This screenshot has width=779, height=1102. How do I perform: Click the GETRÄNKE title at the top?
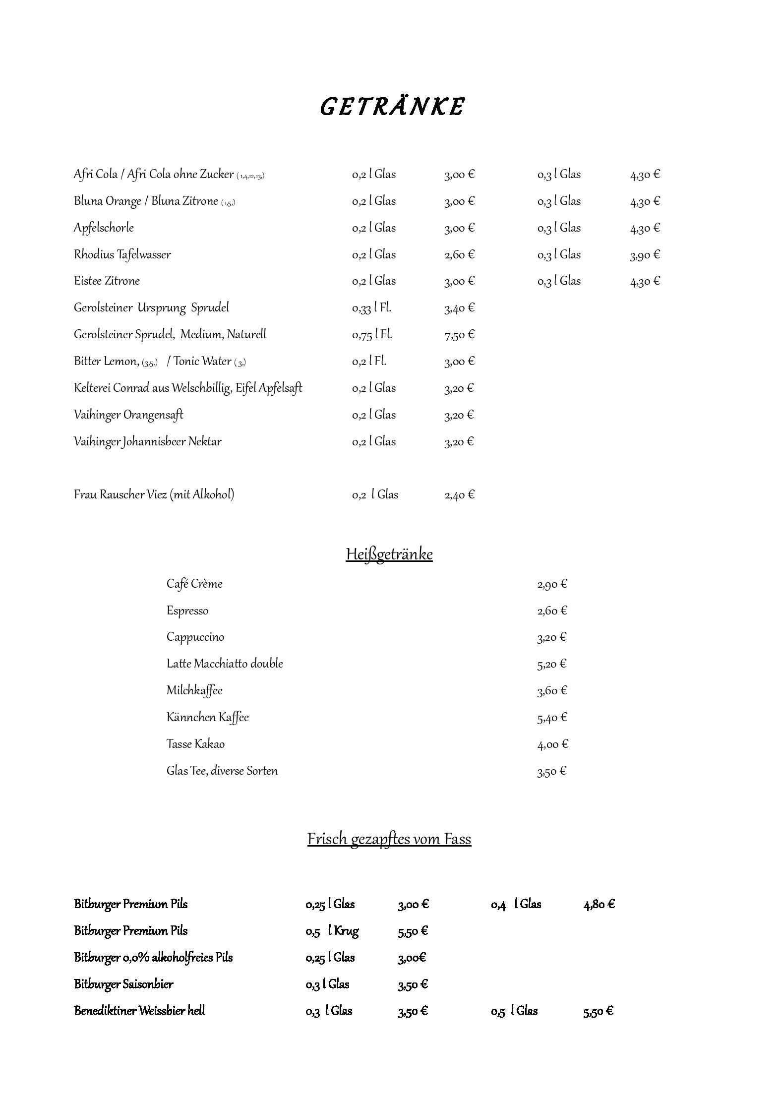pyautogui.click(x=392, y=107)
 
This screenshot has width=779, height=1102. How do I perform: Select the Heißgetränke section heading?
pyautogui.click(x=389, y=554)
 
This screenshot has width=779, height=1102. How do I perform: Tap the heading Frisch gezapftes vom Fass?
pyautogui.click(x=389, y=839)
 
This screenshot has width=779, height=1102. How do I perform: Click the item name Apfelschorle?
pyautogui.click(x=104, y=228)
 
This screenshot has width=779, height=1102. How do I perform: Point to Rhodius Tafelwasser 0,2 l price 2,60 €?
pyautogui.click(x=459, y=254)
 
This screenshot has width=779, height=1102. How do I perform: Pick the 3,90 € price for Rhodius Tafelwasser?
pyautogui.click(x=645, y=254)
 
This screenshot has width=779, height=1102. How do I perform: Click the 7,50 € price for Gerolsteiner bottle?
pyautogui.click(x=459, y=335)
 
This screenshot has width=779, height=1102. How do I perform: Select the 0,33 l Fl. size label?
pyautogui.click(x=371, y=308)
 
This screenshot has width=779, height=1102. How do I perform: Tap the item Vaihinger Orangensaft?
pyautogui.click(x=128, y=415)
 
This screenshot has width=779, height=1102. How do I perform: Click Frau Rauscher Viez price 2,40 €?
pyautogui.click(x=459, y=494)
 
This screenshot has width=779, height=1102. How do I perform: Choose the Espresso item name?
pyautogui.click(x=187, y=611)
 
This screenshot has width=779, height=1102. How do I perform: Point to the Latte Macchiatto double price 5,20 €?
pyautogui.click(x=551, y=664)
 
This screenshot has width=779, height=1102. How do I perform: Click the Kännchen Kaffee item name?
pyautogui.click(x=208, y=717)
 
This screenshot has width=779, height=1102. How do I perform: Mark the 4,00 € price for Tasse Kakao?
pyautogui.click(x=552, y=744)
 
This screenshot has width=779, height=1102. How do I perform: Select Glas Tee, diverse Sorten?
pyautogui.click(x=222, y=771)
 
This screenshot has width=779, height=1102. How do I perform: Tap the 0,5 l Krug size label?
pyautogui.click(x=332, y=931)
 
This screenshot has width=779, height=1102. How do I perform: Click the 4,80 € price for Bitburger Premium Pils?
pyautogui.click(x=599, y=904)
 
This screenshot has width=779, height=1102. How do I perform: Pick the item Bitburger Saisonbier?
pyautogui.click(x=123, y=984)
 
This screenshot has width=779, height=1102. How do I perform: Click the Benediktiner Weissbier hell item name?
pyautogui.click(x=139, y=1011)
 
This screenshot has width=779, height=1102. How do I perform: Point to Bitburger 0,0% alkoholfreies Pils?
pyautogui.click(x=153, y=957)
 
